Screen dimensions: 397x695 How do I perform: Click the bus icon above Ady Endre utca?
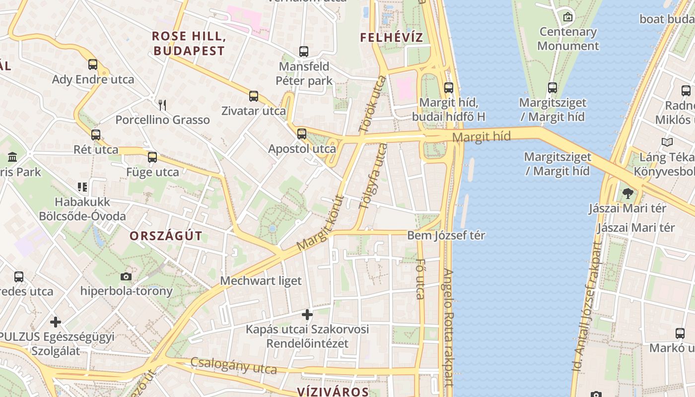(x=93, y=64)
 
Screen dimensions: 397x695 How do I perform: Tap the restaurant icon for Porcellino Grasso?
(x=162, y=105)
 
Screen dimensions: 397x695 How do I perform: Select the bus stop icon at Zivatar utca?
(x=254, y=96)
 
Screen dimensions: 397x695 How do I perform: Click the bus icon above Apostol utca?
(x=302, y=133)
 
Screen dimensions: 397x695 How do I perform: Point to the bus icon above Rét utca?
(x=96, y=134)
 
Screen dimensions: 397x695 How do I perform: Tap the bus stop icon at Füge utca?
(x=152, y=157)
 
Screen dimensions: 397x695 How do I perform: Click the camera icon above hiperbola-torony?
(x=126, y=276)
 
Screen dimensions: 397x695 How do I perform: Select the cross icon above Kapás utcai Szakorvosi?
(x=307, y=314)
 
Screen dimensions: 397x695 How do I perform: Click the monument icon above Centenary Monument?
(x=568, y=17)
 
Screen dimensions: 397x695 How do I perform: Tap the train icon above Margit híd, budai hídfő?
(x=449, y=88)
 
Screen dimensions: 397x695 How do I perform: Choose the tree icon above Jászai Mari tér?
(x=627, y=193)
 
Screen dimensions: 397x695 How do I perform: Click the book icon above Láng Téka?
(x=667, y=142)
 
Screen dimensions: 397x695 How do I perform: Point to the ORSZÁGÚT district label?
(x=166, y=236)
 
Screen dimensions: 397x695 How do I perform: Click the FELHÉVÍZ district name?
(x=392, y=37)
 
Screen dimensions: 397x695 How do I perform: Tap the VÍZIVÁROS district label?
(x=333, y=392)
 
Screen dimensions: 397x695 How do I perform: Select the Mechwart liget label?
(x=261, y=281)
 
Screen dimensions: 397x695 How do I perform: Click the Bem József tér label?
(x=446, y=235)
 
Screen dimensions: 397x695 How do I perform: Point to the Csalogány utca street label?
(x=233, y=366)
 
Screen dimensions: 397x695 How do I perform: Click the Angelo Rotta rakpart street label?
(x=448, y=328)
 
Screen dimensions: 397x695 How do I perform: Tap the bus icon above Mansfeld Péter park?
(x=303, y=51)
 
